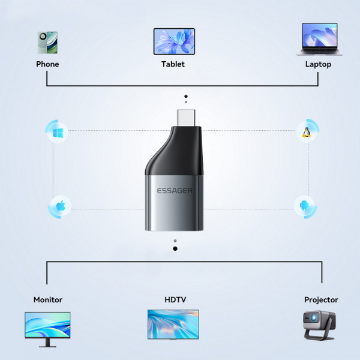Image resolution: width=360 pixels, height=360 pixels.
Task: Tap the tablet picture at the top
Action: tap(174, 41)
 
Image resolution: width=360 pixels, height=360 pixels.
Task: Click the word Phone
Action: tap(47, 64)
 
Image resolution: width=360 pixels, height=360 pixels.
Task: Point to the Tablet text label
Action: tap(173, 64)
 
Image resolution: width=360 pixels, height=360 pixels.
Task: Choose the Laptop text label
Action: tap(318, 64)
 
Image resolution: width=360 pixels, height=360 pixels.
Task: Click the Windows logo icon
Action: tap(58, 132)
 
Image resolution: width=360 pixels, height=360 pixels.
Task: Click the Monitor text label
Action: tap(48, 299)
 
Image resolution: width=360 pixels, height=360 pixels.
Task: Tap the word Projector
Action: tap(321, 299)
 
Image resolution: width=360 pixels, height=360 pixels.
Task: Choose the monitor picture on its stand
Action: tap(47, 327)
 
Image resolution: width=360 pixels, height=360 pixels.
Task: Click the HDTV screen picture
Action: tap(173, 324)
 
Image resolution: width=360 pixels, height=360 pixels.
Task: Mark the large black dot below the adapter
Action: tap(175, 248)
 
